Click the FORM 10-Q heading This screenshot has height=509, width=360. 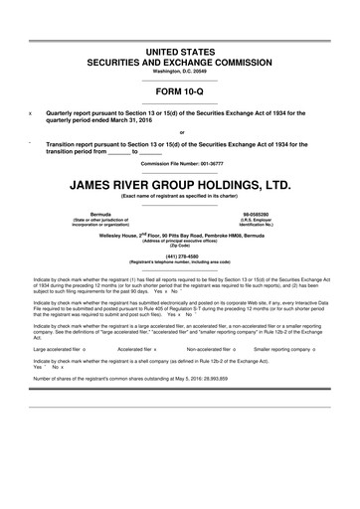click(179, 94)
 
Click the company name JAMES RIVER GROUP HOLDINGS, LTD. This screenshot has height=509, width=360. click(179, 186)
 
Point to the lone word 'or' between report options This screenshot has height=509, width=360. click(179, 132)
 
